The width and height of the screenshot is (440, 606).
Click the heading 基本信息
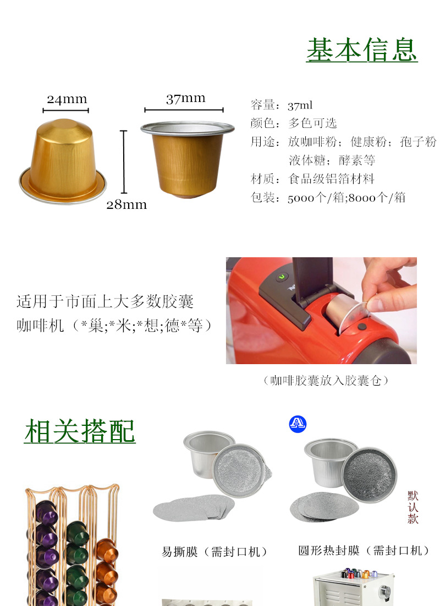click(362, 50)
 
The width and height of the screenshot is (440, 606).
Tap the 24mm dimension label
click(67, 99)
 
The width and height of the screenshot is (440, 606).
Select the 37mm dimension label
click(185, 98)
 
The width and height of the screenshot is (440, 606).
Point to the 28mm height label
click(127, 204)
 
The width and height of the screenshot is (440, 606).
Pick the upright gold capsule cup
click(187, 157)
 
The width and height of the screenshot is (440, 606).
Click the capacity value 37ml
click(300, 105)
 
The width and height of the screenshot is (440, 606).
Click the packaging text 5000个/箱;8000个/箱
click(346, 198)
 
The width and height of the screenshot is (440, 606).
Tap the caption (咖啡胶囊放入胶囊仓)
click(326, 381)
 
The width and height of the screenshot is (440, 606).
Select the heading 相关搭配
click(80, 431)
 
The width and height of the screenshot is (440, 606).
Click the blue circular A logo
click(298, 424)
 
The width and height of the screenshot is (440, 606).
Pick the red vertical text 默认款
click(413, 507)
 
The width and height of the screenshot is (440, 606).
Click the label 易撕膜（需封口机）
click(214, 551)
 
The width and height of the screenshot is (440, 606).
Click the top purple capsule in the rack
click(47, 515)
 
